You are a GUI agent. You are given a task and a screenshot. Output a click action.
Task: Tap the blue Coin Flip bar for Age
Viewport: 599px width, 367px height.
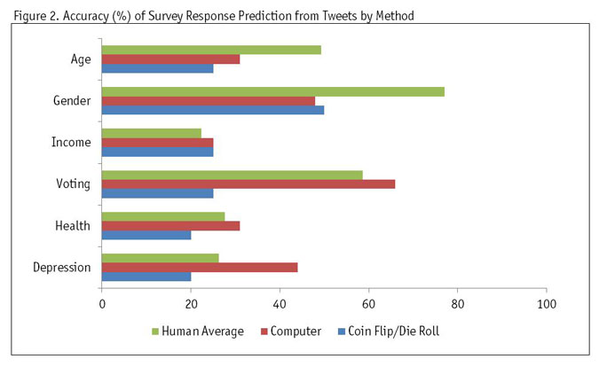[x=158, y=68]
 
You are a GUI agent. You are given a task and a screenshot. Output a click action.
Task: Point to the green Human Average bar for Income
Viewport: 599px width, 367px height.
[x=152, y=133]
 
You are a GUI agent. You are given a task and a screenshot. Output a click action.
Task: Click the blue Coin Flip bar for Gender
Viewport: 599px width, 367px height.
[x=213, y=110]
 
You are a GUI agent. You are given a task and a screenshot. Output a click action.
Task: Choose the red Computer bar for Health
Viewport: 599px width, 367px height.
[x=171, y=225]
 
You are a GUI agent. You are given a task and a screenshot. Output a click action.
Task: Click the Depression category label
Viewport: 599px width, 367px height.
[x=61, y=267]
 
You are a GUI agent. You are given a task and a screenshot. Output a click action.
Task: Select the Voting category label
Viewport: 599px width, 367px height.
[x=73, y=183]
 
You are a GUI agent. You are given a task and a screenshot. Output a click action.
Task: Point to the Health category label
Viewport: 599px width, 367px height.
[x=73, y=225]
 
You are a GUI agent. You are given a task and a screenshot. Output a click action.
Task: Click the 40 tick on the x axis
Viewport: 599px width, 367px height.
[x=280, y=304]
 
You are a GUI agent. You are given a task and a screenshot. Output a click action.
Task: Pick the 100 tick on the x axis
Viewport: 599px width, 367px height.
[x=546, y=304]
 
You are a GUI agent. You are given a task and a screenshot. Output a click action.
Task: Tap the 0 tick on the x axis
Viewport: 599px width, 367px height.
[x=102, y=304]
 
